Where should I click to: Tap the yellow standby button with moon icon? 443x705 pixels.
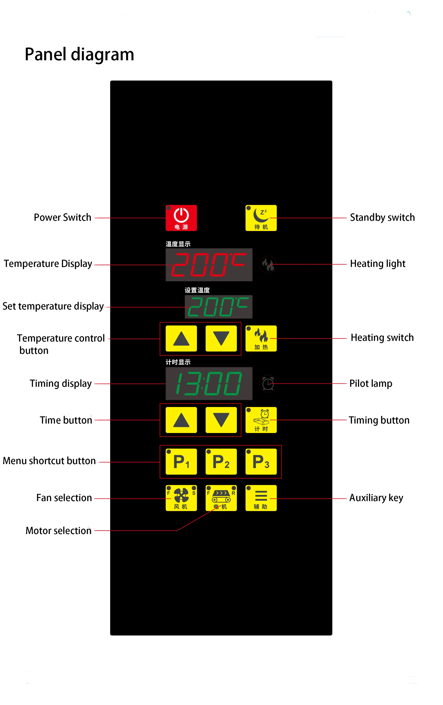pyautogui.click(x=261, y=218)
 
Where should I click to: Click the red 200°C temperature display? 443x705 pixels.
pyautogui.click(x=209, y=265)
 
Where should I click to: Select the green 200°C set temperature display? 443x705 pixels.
pyautogui.click(x=218, y=307)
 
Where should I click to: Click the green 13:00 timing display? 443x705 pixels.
pyautogui.click(x=209, y=383)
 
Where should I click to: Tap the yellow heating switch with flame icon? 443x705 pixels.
pyautogui.click(x=261, y=338)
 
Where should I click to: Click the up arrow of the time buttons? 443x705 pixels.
pyautogui.click(x=181, y=420)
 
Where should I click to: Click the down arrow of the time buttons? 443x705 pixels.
pyautogui.click(x=221, y=420)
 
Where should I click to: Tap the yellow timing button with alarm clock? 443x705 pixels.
pyautogui.click(x=261, y=420)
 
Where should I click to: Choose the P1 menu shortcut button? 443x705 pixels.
pyautogui.click(x=181, y=461)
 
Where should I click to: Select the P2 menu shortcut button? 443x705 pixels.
pyautogui.click(x=221, y=461)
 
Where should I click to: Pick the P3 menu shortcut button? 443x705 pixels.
pyautogui.click(x=261, y=461)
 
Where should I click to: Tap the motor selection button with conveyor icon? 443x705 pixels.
pyautogui.click(x=221, y=498)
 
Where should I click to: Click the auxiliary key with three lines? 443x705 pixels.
pyautogui.click(x=261, y=498)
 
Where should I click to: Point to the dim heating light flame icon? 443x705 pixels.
pyautogui.click(x=268, y=265)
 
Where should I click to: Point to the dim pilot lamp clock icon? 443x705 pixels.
pyautogui.click(x=268, y=383)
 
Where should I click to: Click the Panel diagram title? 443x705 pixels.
pyautogui.click(x=79, y=54)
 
